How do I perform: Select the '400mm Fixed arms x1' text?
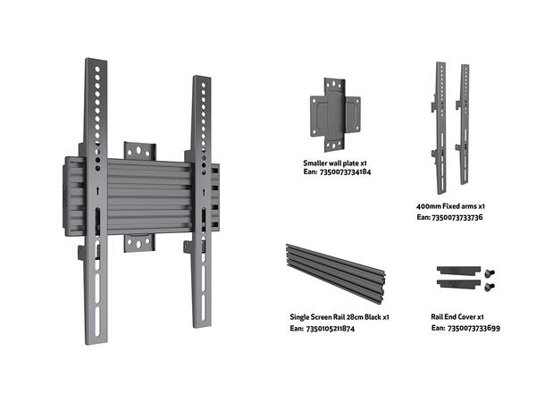pyautogui.click(x=450, y=205)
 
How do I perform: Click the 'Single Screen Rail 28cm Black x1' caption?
pyautogui.click(x=339, y=317)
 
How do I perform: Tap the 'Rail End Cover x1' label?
pyautogui.click(x=457, y=317)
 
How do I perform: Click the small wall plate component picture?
pyautogui.click(x=337, y=113)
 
